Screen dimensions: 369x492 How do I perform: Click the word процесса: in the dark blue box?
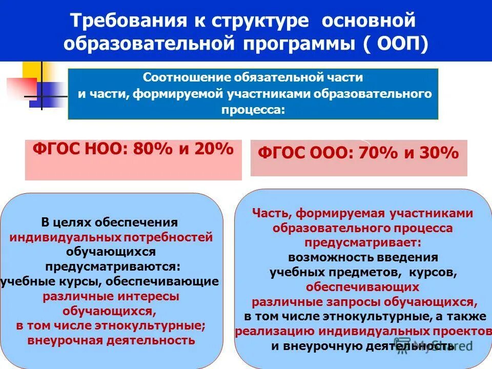coord(253,110)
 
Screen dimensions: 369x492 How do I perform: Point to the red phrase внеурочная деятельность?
coord(111,340)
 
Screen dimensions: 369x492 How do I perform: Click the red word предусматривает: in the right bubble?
coord(363,242)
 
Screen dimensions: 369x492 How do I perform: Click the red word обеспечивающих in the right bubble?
coord(363,286)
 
